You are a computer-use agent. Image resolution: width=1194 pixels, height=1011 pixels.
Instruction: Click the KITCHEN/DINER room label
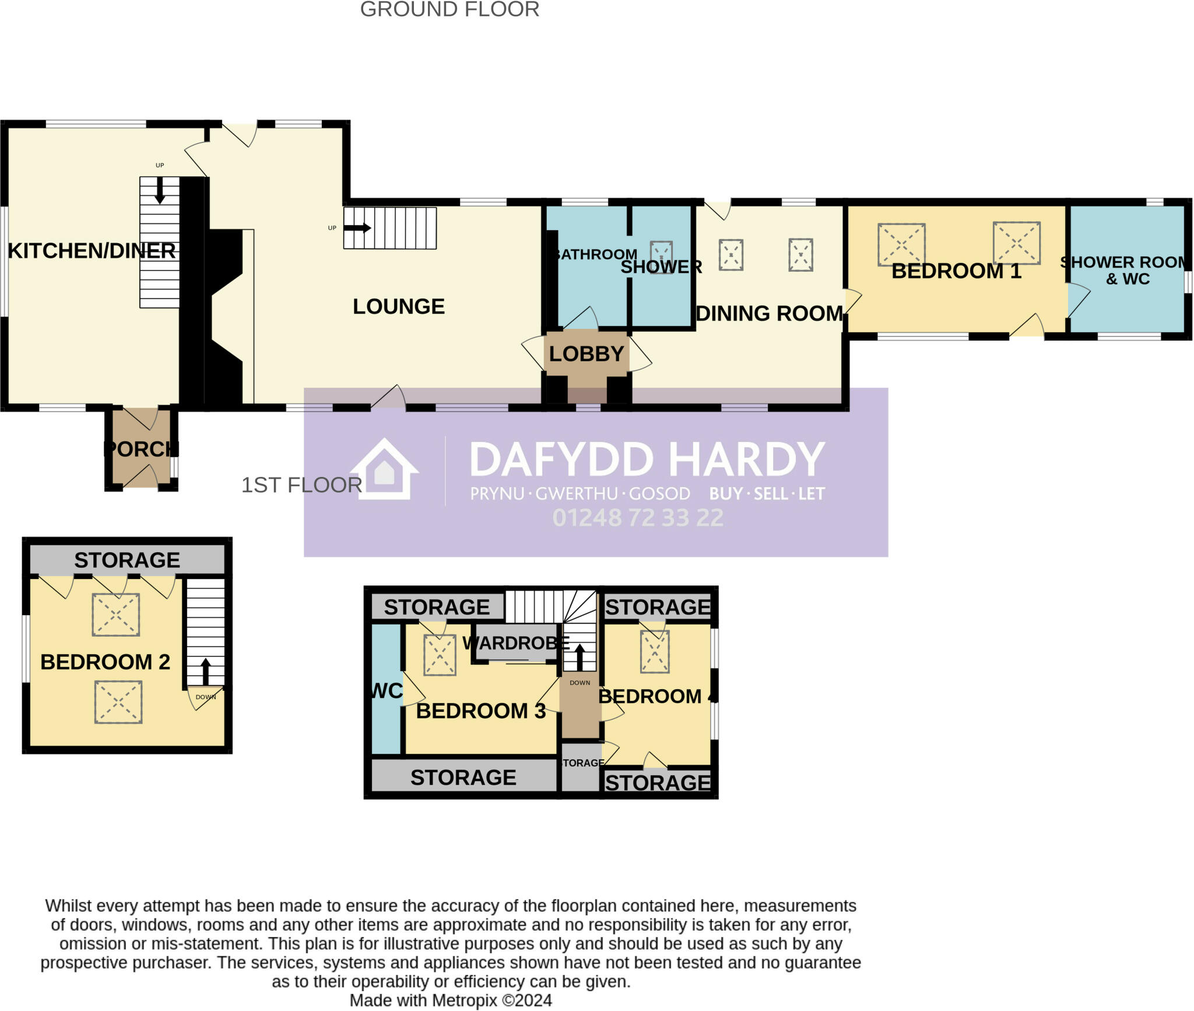pos(92,251)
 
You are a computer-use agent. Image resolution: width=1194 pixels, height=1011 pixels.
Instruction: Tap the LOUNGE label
pos(398,307)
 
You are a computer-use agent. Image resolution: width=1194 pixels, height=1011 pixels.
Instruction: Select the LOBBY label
pos(586,354)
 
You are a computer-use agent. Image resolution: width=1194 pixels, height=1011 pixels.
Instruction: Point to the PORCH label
pos(141,449)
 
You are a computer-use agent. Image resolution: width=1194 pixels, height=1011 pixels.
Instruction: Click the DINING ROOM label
pos(770,314)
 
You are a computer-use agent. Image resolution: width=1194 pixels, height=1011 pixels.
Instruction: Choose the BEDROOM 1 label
pos(956,271)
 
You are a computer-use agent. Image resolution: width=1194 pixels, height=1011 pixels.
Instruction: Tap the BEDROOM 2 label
pos(105,662)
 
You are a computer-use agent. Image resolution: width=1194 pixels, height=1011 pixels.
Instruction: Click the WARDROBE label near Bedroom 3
pos(515,643)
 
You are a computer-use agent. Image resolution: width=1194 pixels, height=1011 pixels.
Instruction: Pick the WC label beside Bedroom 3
pos(387,691)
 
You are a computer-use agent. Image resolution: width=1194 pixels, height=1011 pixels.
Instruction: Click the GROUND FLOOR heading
pos(449,10)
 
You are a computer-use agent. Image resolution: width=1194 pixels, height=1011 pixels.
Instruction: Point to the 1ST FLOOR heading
pos(301,485)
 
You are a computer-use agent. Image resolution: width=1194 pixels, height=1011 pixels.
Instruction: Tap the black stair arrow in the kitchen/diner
pos(159,191)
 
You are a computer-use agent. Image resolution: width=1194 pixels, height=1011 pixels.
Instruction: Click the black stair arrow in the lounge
pos(357,228)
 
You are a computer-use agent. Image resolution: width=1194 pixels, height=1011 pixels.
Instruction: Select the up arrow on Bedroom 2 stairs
pos(205,672)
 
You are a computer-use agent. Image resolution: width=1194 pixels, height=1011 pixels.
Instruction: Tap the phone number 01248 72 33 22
pos(638,518)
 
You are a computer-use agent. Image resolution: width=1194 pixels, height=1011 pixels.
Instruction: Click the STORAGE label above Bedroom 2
pos(127,560)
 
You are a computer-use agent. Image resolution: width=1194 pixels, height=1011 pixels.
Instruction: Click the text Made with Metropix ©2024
pos(450,1001)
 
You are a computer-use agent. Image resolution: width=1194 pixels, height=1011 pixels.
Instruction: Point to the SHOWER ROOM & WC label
pos(1126,271)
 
